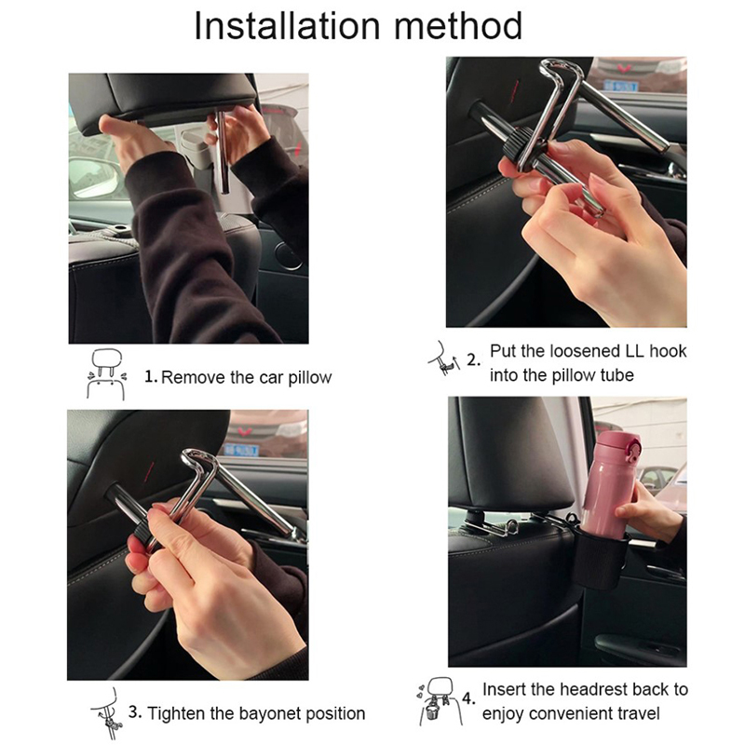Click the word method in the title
458,26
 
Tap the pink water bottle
611,484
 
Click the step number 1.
151,377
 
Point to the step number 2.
473,359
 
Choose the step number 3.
135,712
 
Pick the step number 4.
468,699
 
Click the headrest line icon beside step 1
107,375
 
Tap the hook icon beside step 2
444,359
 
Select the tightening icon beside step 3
107,713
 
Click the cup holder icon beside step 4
435,701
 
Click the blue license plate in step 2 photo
620,86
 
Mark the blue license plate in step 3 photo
241,450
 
